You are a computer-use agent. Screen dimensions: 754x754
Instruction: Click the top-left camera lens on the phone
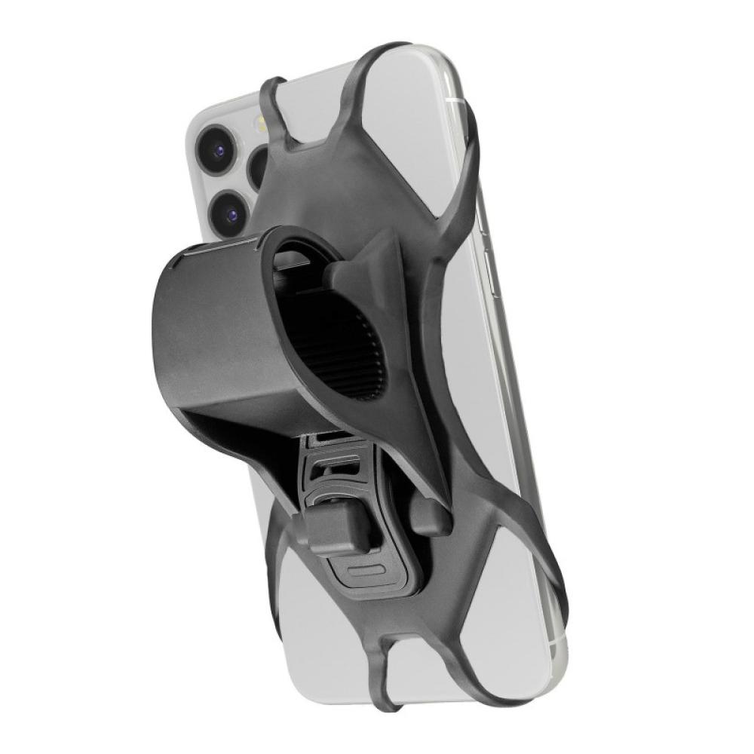[219, 149]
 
